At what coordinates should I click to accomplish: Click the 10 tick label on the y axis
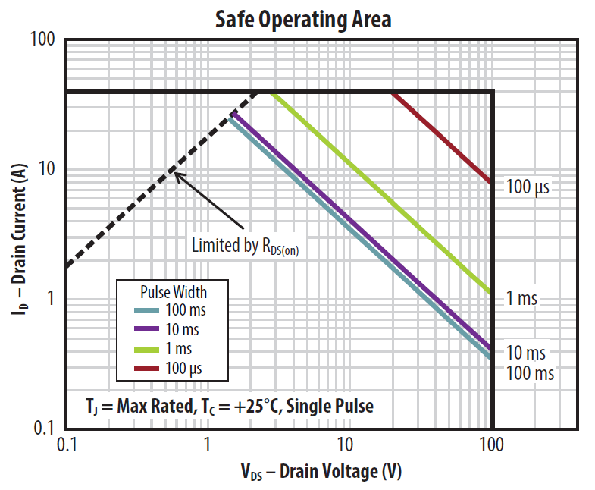[x=49, y=168]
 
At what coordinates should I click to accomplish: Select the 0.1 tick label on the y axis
[x=45, y=429]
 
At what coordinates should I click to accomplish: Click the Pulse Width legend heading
[x=174, y=291]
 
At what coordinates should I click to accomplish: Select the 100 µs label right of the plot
[x=528, y=185]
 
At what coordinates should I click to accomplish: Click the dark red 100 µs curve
[x=440, y=137]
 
